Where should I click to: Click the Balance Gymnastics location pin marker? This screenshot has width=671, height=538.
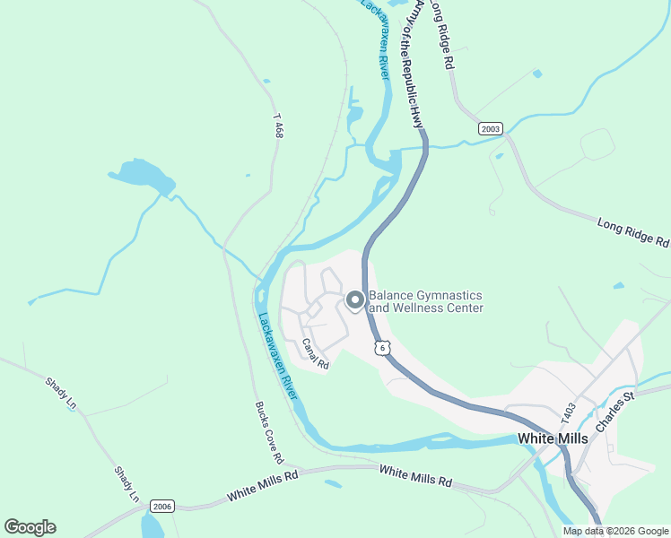pos(354,301)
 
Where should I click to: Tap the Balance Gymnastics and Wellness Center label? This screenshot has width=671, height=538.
pos(426,302)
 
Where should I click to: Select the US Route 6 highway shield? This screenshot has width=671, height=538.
pos(383,348)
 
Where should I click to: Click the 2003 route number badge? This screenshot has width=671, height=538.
pos(490,128)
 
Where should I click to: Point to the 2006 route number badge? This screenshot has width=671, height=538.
pos(161,507)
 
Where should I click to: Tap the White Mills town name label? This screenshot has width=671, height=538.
pos(553,438)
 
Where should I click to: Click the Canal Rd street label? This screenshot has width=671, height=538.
pos(316,354)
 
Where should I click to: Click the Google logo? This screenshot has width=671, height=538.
pos(30,527)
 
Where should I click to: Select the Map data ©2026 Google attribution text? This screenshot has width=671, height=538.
pos(615,531)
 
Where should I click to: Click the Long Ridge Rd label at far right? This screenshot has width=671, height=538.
pos(633,231)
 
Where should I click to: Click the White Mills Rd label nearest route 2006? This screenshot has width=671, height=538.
pos(262,488)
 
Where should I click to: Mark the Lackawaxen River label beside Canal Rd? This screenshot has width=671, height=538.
pos(279,356)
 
